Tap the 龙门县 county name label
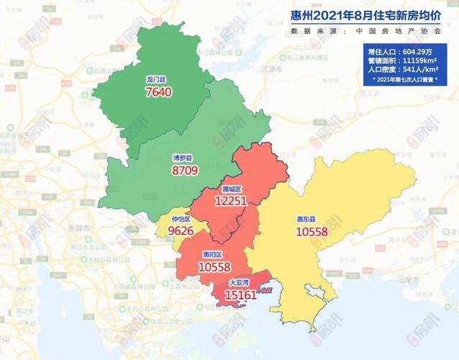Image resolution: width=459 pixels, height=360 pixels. click(156, 80)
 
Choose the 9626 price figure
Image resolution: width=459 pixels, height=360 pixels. click(182, 232)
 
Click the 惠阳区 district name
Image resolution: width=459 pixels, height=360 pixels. click(214, 254)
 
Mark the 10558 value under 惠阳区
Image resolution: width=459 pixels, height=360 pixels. click(214, 267)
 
